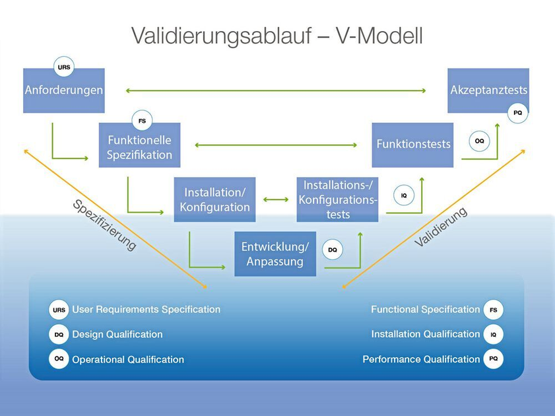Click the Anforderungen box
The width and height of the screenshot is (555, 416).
[64, 90]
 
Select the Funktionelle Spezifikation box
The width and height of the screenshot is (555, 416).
[139, 147]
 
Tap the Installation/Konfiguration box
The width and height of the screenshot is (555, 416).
[214, 199]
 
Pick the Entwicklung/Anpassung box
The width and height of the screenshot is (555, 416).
[275, 254]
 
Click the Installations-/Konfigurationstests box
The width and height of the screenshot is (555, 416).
[337, 199]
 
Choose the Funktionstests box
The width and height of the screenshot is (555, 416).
[412, 144]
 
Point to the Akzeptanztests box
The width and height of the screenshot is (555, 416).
[488, 90]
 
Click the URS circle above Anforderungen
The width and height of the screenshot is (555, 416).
[64, 67]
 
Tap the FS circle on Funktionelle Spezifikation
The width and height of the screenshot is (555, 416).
[142, 121]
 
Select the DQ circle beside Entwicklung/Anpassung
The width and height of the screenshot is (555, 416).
[333, 250]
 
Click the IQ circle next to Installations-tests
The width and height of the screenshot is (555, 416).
[404, 195]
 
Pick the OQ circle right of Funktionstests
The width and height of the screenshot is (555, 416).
[479, 141]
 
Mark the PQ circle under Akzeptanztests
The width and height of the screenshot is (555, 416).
[518, 113]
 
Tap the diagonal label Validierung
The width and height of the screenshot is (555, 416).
[441, 228]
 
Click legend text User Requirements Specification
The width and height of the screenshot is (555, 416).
[146, 309]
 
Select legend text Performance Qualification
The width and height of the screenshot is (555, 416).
[421, 359]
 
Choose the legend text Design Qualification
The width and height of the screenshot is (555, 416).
[117, 334]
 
